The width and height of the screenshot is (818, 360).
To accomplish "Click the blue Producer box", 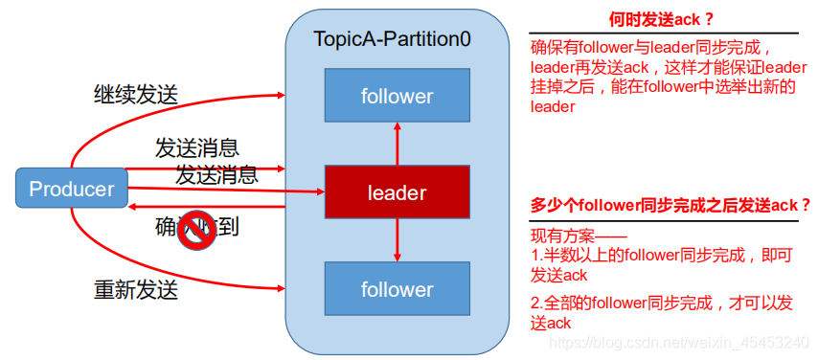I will tap(72, 189).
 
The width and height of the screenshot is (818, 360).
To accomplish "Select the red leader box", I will tap(397, 193).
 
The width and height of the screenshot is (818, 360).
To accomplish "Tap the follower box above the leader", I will tap(397, 96).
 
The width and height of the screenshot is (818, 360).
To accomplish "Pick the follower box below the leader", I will tap(397, 289).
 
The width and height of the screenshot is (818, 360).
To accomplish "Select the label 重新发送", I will tap(135, 288).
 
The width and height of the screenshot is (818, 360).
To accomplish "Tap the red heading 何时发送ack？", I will tap(662, 19).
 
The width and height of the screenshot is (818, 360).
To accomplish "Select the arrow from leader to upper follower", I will tap(397, 144).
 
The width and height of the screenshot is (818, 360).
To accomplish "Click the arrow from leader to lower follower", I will tap(397, 241).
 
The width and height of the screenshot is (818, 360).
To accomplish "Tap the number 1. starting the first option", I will tap(536, 256).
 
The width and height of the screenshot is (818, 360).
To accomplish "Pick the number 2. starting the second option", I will tap(536, 304).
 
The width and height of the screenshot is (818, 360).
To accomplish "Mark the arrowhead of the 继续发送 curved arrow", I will tap(283, 95).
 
